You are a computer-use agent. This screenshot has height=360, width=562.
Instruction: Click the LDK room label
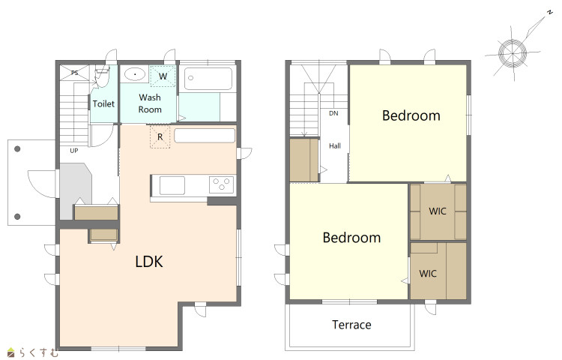click(149, 262)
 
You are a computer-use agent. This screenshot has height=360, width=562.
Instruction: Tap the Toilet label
click(103, 104)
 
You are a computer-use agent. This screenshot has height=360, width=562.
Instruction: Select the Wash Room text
click(150, 103)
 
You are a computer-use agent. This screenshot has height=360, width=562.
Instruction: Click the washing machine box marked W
click(163, 76)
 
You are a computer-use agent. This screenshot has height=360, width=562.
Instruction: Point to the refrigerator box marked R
click(160, 136)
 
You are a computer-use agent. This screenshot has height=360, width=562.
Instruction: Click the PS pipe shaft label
click(74, 73)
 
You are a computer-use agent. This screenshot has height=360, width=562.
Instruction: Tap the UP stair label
click(74, 151)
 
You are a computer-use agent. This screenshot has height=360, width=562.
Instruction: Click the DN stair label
click(333, 113)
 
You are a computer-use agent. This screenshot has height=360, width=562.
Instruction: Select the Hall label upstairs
click(335, 146)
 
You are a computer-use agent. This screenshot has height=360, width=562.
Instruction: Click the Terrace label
click(351, 325)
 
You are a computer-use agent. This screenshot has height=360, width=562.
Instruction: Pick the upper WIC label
click(438, 211)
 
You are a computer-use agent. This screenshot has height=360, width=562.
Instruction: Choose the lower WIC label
click(428, 274)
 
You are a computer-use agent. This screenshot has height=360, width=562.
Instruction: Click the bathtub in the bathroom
click(208, 79)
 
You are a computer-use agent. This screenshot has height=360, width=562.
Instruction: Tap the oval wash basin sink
click(135, 74)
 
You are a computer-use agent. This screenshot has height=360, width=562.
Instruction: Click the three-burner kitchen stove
click(221, 185)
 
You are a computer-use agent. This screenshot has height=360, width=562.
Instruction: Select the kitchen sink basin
click(172, 186)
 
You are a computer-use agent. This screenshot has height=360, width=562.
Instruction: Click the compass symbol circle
click(513, 53)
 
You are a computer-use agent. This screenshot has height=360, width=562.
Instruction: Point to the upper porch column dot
click(17, 148)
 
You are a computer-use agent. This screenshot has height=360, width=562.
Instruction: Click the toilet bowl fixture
click(100, 76)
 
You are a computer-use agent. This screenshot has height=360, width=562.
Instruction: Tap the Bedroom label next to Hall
click(411, 115)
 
